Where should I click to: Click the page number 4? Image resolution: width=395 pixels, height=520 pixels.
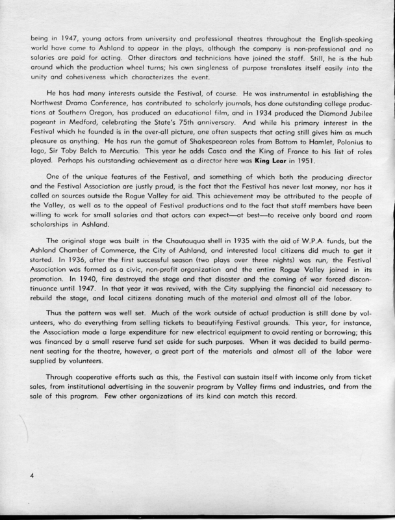point(31,475)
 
